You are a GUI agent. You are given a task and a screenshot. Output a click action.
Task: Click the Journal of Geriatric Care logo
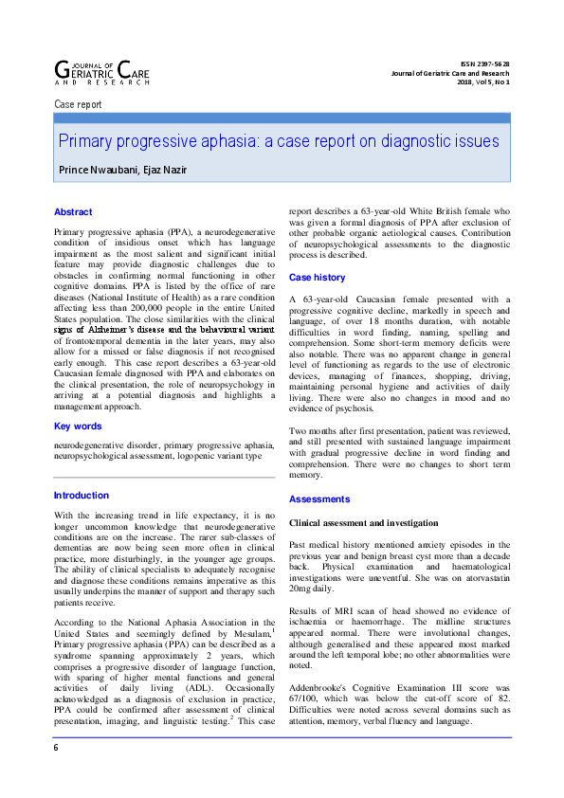tap(102, 70)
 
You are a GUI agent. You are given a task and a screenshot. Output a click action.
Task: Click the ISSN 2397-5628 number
tap(482, 63)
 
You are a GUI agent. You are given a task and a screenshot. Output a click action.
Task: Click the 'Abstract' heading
tap(73, 212)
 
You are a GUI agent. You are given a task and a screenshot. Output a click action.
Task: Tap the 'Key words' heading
tap(78, 426)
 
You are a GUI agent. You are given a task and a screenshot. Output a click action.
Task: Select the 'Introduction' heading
tap(81, 496)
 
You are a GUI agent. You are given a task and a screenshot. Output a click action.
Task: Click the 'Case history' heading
tap(317, 278)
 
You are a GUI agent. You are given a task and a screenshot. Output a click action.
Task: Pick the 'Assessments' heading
tap(318, 499)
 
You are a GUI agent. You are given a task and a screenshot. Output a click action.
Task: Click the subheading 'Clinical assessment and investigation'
tap(363, 523)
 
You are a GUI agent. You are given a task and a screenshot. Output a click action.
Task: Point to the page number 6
tap(56, 774)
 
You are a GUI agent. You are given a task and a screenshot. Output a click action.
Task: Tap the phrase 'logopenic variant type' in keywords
tap(227, 455)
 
